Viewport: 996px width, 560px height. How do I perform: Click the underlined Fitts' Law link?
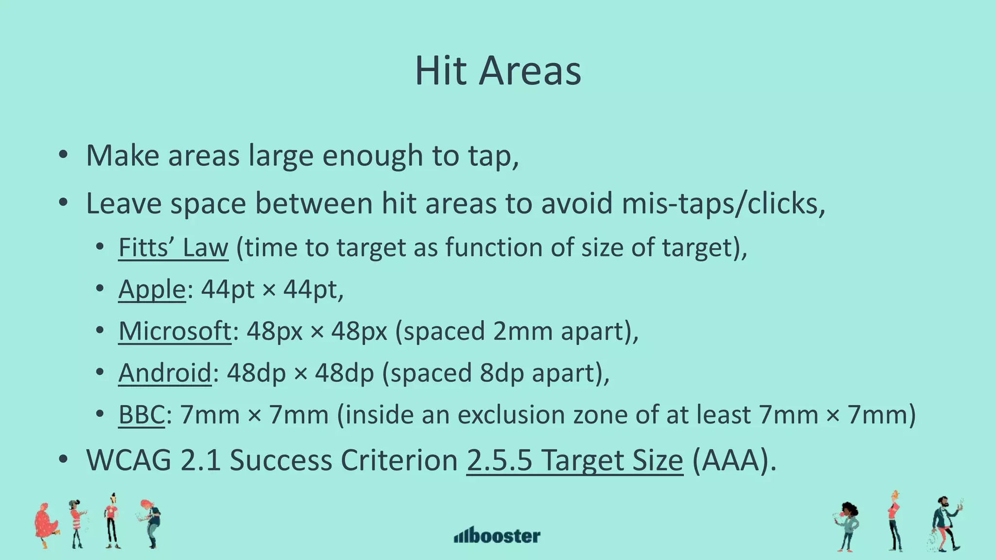(173, 247)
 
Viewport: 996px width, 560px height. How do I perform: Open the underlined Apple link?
(152, 290)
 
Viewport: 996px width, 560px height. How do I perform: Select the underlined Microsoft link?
(175, 332)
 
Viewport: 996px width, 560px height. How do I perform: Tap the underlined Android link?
(165, 373)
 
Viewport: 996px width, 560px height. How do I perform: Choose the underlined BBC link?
(142, 415)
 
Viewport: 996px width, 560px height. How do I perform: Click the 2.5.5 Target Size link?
(574, 460)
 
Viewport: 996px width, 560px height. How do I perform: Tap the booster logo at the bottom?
(497, 536)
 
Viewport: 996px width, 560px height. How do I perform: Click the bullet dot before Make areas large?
(63, 156)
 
